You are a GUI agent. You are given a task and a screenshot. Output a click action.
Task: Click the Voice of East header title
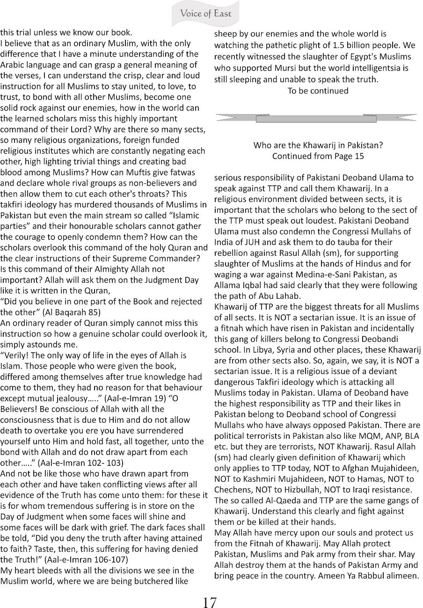pos(206,14)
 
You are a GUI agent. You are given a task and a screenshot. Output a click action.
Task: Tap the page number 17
pos(209,601)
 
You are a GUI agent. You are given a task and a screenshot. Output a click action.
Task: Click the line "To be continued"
pos(318,91)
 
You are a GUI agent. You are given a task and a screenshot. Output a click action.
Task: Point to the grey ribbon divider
pos(316,118)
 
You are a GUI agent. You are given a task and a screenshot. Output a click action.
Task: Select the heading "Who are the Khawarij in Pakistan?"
pos(318,145)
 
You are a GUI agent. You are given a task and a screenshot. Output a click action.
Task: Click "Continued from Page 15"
pos(318,156)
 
